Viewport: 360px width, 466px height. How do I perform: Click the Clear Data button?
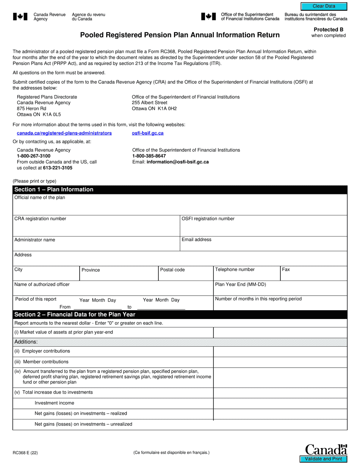click(x=324, y=6)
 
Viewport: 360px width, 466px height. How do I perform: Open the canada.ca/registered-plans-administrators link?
click(x=64, y=133)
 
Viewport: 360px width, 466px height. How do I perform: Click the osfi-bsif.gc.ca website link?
click(x=148, y=133)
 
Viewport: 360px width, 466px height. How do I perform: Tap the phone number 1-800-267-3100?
click(x=33, y=156)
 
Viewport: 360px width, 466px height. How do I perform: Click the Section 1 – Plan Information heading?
click(x=54, y=189)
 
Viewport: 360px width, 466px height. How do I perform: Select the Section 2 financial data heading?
click(x=75, y=314)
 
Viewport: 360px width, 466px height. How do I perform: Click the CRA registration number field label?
click(x=40, y=219)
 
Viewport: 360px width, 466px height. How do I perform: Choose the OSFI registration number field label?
click(x=208, y=219)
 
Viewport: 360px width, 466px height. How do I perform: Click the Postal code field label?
click(x=172, y=270)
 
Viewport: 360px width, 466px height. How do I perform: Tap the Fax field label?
click(x=286, y=269)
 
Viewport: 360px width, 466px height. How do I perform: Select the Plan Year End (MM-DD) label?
click(x=240, y=285)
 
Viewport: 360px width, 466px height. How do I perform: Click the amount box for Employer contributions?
click(x=280, y=352)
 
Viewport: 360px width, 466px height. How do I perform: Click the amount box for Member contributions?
click(x=280, y=362)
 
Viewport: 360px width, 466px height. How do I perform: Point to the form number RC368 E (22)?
click(x=25, y=452)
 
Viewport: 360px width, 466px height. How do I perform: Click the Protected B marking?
click(x=328, y=30)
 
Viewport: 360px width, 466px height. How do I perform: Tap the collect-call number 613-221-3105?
click(x=58, y=168)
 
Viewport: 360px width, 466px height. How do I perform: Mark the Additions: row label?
click(x=26, y=342)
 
